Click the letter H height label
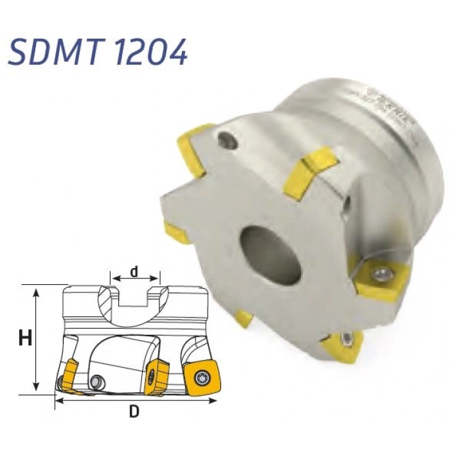point(25,339)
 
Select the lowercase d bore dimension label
point(134,271)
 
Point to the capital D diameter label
point(134,411)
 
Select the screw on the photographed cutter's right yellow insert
point(383,274)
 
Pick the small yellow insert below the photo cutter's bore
point(243,317)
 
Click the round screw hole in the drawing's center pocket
point(96,381)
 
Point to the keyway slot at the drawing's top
point(135,297)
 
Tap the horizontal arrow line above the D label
point(134,399)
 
